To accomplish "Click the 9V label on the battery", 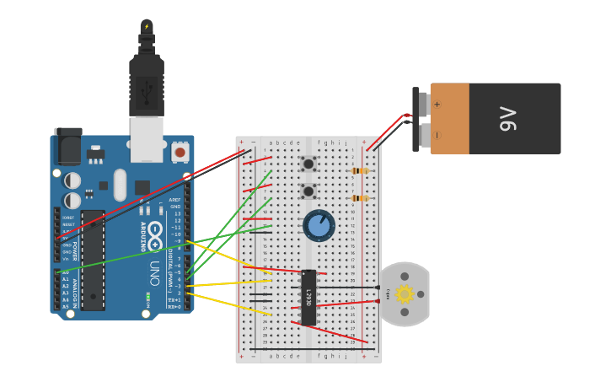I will (x=507, y=119).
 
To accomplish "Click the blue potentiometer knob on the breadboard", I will (x=319, y=225).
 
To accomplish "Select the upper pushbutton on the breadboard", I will (x=308, y=164).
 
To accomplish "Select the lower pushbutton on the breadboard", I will (x=308, y=191).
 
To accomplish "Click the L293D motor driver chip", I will (x=308, y=297).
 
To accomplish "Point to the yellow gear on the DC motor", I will (x=405, y=293).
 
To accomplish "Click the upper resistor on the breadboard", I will (x=360, y=171).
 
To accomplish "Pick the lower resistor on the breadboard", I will (x=360, y=199).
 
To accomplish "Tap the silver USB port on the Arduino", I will (x=147, y=138).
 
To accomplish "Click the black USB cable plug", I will (x=147, y=84).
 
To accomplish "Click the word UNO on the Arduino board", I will (x=154, y=272).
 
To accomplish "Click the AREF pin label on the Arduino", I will (x=174, y=200).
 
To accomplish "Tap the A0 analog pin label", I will (x=66, y=272).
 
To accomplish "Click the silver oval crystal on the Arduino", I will (x=120, y=185).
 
